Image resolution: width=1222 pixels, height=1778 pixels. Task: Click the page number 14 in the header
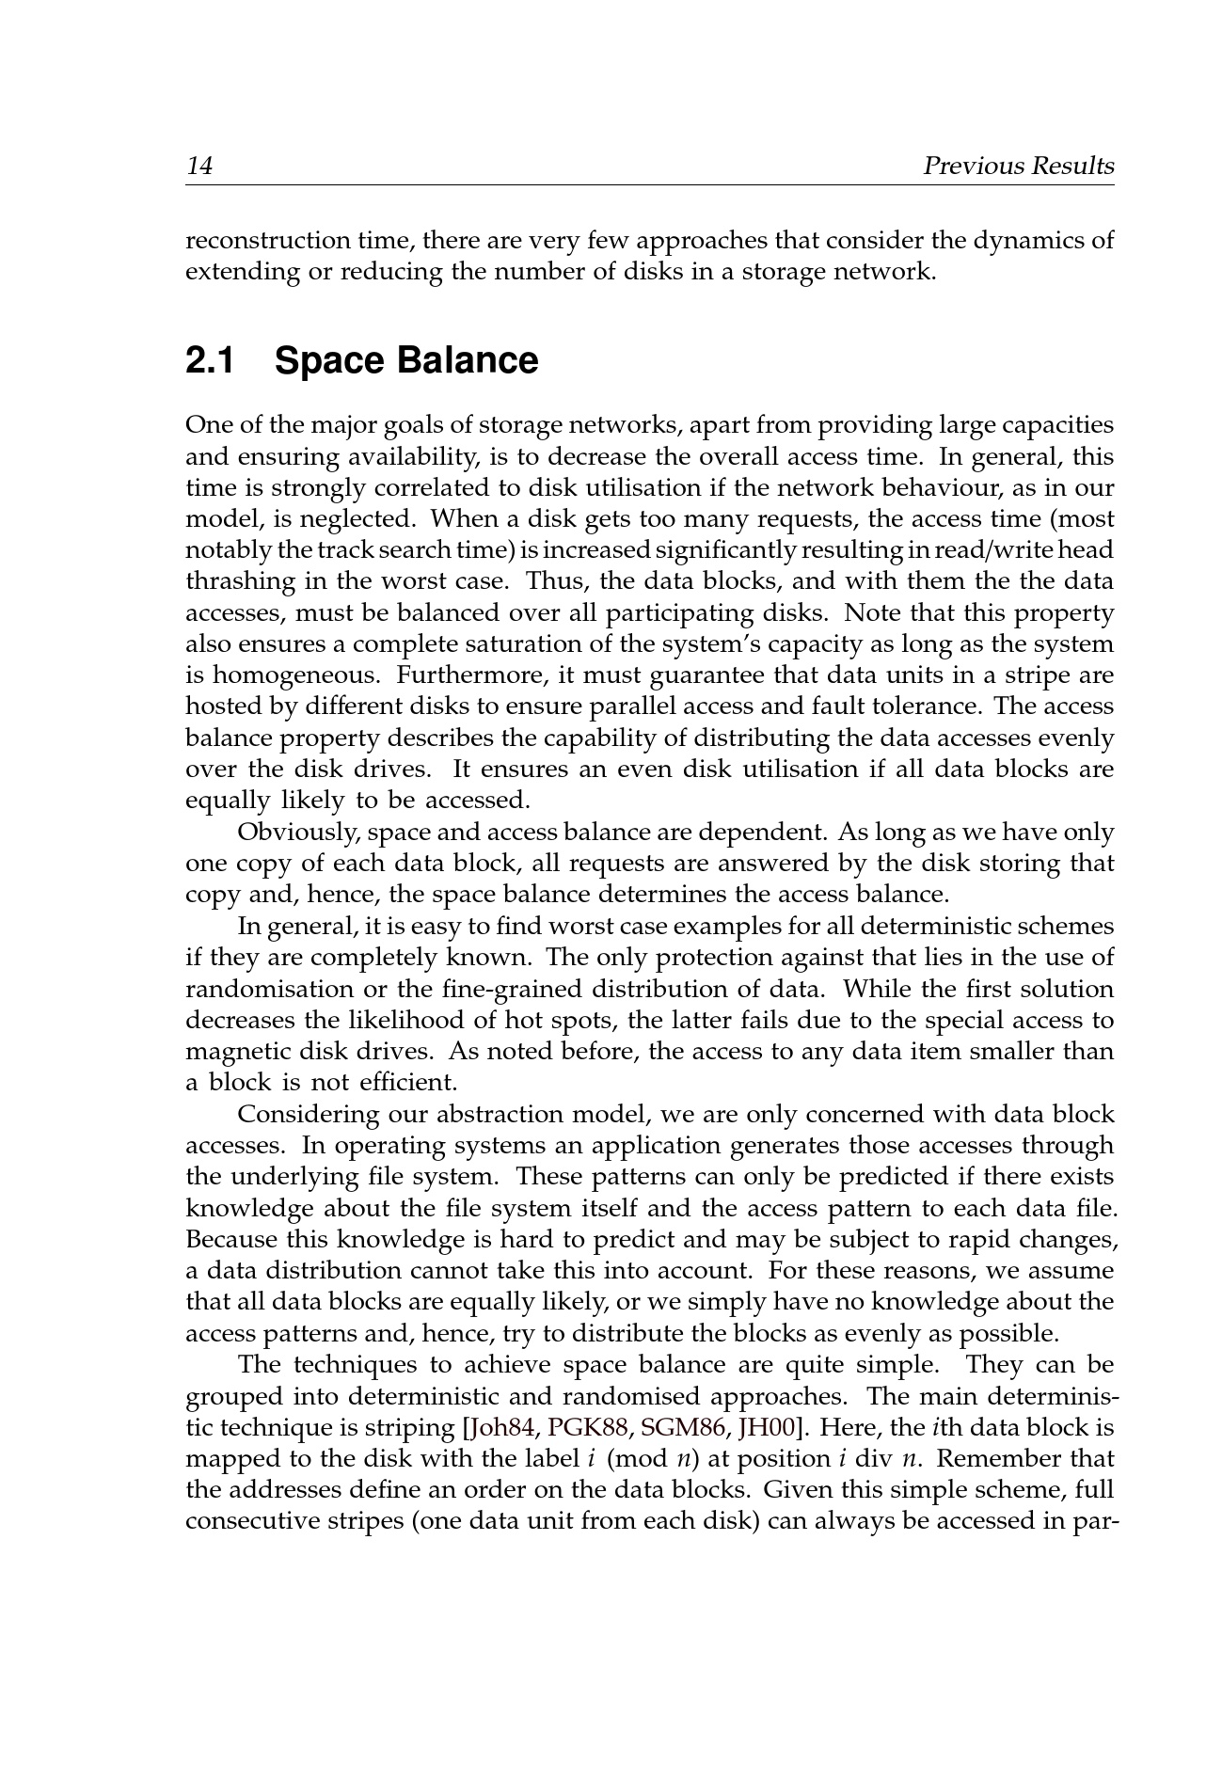click(x=199, y=167)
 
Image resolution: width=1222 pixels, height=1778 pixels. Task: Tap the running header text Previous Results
click(x=1018, y=167)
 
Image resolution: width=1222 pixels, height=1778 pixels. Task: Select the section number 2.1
click(x=210, y=361)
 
